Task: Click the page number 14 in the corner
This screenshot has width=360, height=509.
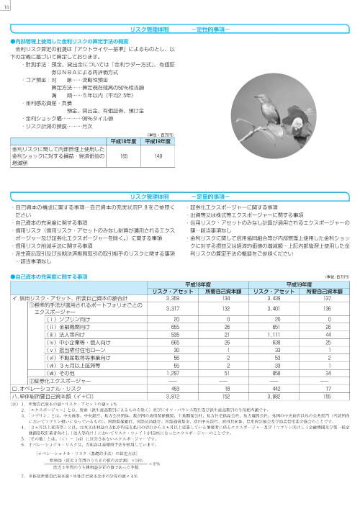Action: coord(6,7)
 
